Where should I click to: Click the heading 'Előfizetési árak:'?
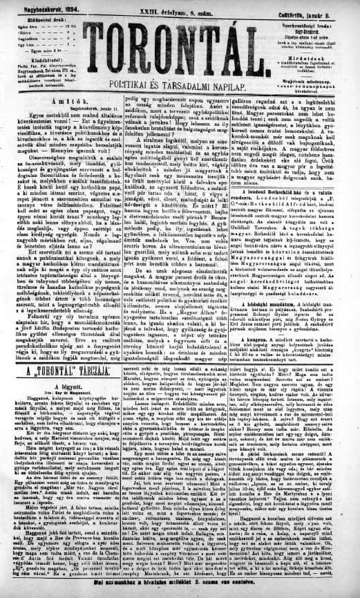(35, 19)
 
